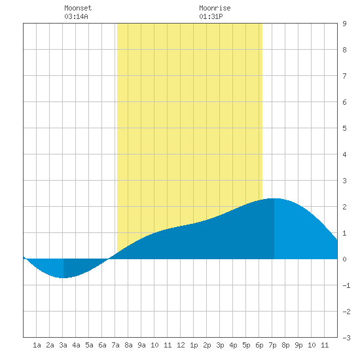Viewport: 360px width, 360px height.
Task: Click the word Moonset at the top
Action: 78,8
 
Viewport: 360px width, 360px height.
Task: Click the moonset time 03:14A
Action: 76,16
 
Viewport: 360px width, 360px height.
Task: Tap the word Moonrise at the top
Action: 215,8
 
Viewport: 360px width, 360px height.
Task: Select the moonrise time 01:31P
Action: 211,16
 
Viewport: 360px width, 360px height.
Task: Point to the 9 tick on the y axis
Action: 344,24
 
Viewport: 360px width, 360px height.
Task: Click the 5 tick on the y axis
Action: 344,128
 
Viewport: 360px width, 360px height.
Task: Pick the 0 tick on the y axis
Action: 344,259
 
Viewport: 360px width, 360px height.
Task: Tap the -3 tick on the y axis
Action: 346,338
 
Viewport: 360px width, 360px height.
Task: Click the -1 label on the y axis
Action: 346,285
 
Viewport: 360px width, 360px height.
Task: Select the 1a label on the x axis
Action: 37,345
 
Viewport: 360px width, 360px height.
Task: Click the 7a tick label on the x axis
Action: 115,345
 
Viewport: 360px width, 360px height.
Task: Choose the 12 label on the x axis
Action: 181,345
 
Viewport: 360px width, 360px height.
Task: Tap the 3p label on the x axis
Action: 220,345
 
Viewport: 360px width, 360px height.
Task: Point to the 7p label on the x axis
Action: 272,345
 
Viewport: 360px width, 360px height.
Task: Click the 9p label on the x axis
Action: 298,345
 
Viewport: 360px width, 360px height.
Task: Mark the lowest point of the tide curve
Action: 63,278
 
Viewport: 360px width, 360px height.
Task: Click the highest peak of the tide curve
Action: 274,198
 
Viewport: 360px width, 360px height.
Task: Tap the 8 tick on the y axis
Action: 344,50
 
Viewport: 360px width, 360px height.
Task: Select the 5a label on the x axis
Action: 89,345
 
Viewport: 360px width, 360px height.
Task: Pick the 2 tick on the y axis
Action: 344,207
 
